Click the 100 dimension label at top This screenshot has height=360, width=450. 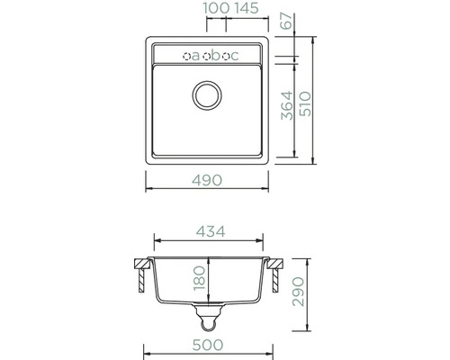[x=216, y=8]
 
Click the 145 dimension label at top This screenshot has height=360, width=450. [x=247, y=8]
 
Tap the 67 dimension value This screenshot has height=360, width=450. [x=286, y=21]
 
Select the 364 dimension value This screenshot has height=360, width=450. [x=287, y=105]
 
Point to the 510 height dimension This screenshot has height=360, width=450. [x=306, y=103]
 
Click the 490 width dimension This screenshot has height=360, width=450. [x=207, y=180]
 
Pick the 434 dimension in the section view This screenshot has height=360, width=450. [x=211, y=231]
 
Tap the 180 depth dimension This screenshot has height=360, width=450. [x=199, y=279]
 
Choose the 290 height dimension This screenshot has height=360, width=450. [x=298, y=292]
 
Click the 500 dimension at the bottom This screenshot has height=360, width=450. [x=208, y=345]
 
